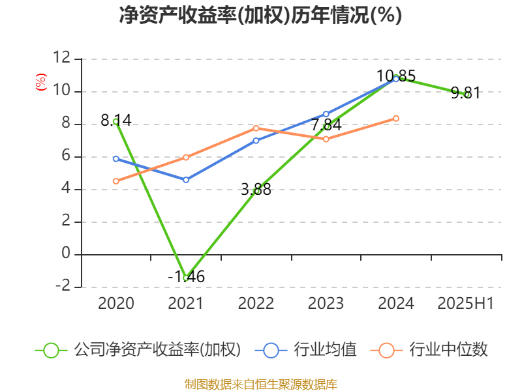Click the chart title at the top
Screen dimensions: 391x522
pyautogui.click(x=260, y=16)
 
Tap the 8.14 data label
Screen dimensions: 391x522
pyautogui.click(x=116, y=121)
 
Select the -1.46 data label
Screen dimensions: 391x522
pyautogui.click(x=186, y=277)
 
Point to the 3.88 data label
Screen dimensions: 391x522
pyautogui.click(x=256, y=190)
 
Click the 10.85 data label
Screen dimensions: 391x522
pyautogui.click(x=396, y=76)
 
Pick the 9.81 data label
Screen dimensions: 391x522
pyautogui.click(x=465, y=93)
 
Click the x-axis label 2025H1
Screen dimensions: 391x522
pyautogui.click(x=466, y=303)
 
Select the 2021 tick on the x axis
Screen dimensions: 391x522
pyautogui.click(x=186, y=303)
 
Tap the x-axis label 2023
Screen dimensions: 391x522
pyautogui.click(x=326, y=303)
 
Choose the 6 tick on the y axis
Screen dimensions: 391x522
pyautogui.click(x=66, y=156)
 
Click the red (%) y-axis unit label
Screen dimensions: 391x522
pyautogui.click(x=42, y=82)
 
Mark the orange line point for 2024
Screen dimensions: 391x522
pyautogui.click(x=396, y=118)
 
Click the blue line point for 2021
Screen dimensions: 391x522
pyautogui.click(x=186, y=180)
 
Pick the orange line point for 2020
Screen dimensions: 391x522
pyautogui.click(x=116, y=181)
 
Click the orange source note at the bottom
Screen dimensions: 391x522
pyautogui.click(x=260, y=384)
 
